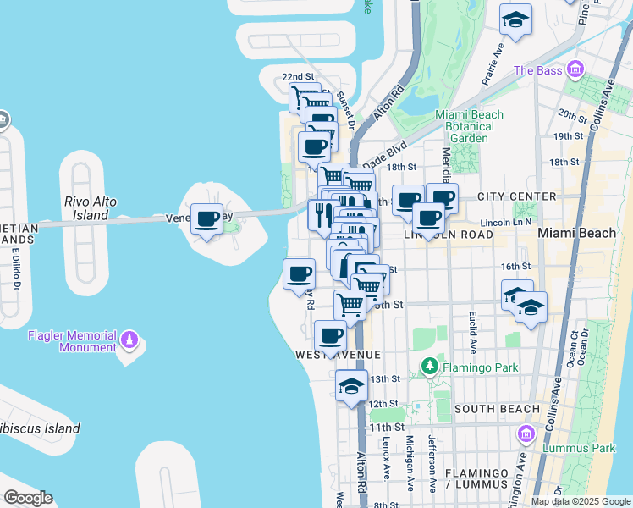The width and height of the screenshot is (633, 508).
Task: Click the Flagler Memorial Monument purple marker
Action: [129, 340]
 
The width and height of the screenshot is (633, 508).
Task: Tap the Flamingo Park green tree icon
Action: [430, 367]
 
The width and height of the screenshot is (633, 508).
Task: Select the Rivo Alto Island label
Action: [91, 208]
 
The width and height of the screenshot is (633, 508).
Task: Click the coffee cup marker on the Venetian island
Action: [206, 220]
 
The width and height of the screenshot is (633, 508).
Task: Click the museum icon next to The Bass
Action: [575, 69]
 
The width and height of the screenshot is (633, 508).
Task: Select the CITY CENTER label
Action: [516, 196]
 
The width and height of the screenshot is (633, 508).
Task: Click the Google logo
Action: [28, 498]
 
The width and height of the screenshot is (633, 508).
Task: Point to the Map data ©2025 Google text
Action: [581, 501]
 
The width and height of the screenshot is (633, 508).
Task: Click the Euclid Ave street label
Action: [472, 332]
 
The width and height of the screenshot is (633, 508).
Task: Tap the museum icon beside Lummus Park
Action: [526, 434]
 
